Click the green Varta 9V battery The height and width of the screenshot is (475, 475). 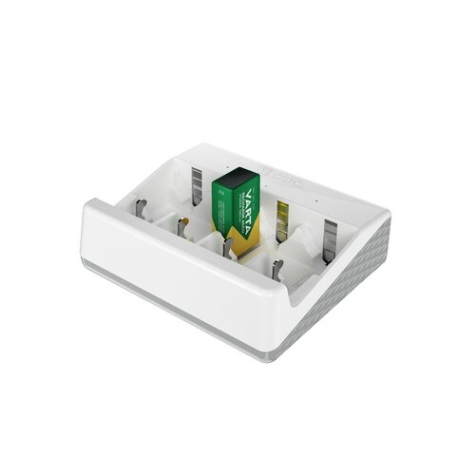(x=233, y=204)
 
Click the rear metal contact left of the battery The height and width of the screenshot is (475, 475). (x=197, y=181)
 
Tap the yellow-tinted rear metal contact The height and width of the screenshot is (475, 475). (x=281, y=217)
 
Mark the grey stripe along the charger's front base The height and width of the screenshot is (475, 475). (x=171, y=294)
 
